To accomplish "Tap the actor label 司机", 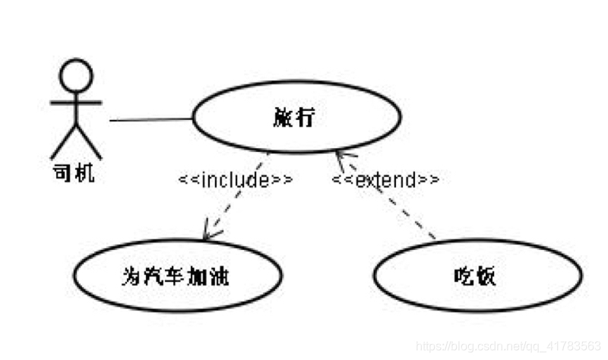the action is pos(74,173).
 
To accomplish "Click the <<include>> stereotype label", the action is pos(235,180).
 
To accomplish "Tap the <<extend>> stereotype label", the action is pos(386,180).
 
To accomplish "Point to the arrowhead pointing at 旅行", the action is pos(339,157).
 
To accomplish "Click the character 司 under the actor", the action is pos(62,173).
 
